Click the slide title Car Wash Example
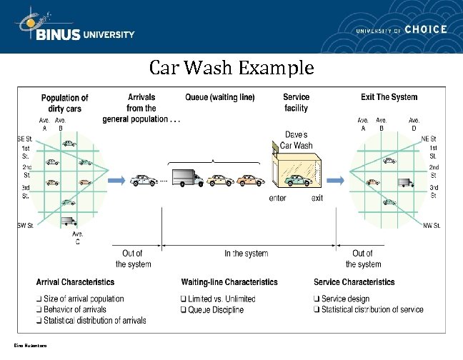[231, 69]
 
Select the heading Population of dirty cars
[64, 103]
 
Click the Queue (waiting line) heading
[219, 97]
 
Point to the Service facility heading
[296, 103]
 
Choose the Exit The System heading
[389, 97]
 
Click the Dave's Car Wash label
[297, 140]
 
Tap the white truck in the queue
[188, 177]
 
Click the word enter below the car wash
[278, 198]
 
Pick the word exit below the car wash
[317, 198]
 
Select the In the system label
[246, 254]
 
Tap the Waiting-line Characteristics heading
[229, 282]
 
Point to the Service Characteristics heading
[354, 282]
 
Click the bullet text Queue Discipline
[216, 310]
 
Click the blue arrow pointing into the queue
[118, 179]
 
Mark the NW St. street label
[432, 226]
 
